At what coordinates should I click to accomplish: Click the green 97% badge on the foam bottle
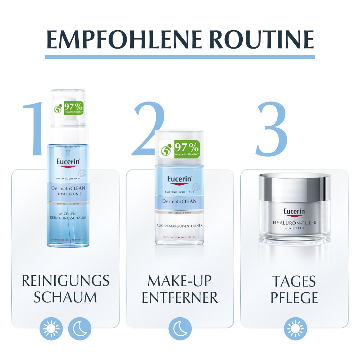coord(68,107)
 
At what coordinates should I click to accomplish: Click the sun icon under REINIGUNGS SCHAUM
coord(51,329)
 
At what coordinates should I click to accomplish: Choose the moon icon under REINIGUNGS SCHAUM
coord(79,329)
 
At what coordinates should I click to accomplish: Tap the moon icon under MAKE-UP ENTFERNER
coord(180,329)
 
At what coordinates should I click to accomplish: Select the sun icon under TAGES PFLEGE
coord(295,329)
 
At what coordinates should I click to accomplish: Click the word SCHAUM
coord(65,297)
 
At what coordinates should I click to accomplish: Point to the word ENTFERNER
coord(180,297)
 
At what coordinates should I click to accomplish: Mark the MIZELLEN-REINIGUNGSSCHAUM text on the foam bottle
coord(68,216)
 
